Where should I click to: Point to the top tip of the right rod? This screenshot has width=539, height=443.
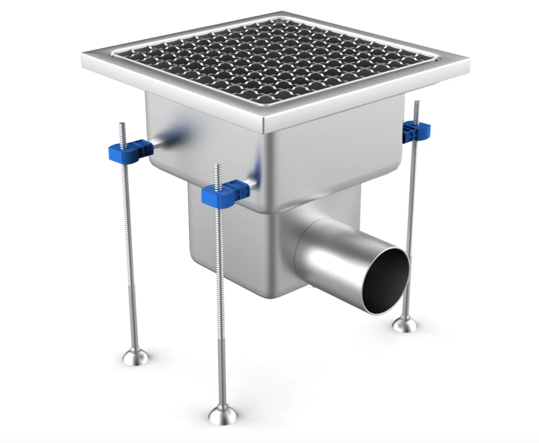[416, 103]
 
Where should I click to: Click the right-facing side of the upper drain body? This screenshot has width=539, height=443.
[334, 155]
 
